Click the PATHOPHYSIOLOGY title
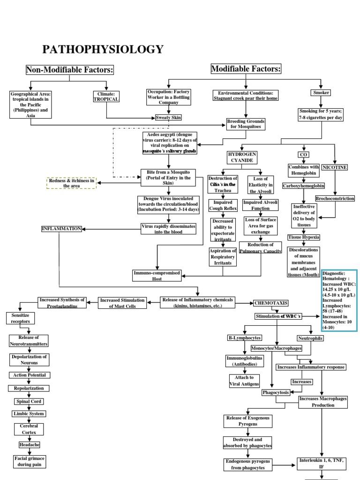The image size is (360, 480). (103, 49)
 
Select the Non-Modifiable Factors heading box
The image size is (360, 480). (70, 70)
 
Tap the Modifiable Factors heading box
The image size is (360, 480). (246, 69)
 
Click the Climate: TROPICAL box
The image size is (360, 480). (106, 97)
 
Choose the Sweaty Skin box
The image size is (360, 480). (168, 118)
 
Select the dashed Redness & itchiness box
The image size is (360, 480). (71, 183)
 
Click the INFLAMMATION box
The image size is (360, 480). (62, 229)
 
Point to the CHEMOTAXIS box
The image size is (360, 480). (270, 303)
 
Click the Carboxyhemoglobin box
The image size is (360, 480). (304, 186)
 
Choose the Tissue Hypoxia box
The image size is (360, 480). (304, 237)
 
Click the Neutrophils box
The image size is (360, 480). (310, 338)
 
